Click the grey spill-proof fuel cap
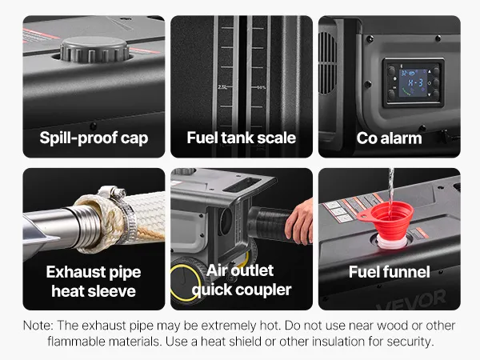pos(94,49)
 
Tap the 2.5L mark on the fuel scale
pos(222,87)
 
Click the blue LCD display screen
pos(414,82)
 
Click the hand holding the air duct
pos(299,222)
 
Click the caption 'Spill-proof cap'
pos(94,138)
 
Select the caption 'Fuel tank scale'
pos(242,138)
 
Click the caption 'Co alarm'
pos(389,138)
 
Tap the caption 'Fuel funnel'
pos(389,272)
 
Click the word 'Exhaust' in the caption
pos(72,272)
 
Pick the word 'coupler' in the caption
pos(263,290)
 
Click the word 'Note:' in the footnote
pos(38,326)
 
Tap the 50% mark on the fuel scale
pos(262,87)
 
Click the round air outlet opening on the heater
pos(226,222)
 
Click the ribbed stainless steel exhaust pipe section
pos(86,226)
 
